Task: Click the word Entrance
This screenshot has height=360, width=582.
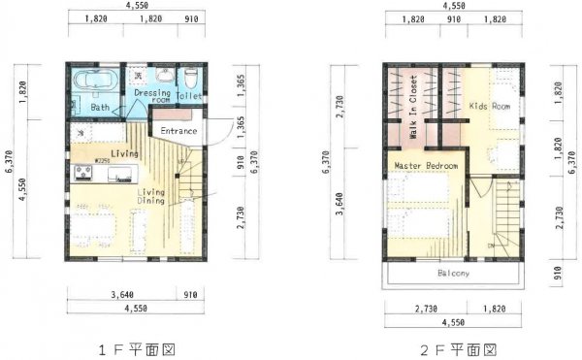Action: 178,131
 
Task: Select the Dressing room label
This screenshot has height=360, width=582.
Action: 152,94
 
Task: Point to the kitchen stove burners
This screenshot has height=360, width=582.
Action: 81,174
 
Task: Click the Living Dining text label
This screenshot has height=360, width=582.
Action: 150,197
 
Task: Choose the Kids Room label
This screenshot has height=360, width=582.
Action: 489,105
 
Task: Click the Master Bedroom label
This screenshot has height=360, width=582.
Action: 426,167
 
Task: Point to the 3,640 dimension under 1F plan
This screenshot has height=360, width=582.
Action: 123,294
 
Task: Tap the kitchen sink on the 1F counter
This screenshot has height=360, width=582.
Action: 120,175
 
